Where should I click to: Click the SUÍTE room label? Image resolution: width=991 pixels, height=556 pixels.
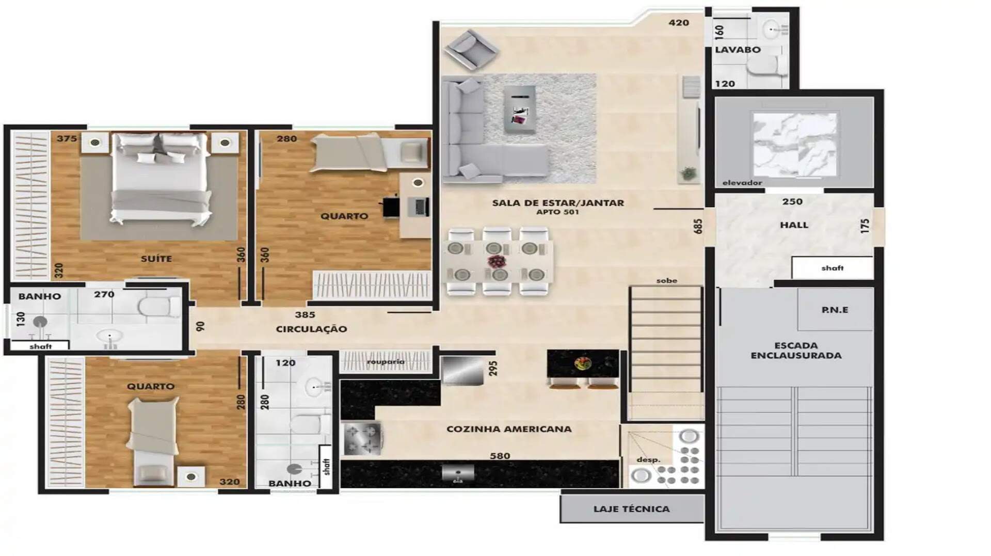(156, 259)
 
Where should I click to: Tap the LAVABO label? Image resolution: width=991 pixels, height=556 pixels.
(738, 50)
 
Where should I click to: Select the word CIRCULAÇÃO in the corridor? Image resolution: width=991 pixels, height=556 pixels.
(311, 329)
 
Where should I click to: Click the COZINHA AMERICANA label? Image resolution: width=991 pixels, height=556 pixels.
(509, 429)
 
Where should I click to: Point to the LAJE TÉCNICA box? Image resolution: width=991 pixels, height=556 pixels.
(632, 509)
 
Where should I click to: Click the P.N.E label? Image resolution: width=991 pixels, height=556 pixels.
(835, 310)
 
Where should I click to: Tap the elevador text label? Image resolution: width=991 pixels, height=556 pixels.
(742, 183)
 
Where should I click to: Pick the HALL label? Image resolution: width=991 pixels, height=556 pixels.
(794, 225)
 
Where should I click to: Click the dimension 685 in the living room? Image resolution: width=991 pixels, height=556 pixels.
(698, 226)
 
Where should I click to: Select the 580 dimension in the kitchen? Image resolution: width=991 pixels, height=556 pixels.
(500, 456)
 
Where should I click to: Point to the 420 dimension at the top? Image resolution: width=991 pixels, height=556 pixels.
(679, 23)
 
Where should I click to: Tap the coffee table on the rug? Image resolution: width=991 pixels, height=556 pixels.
(519, 109)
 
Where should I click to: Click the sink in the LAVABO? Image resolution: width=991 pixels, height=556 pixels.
(773, 29)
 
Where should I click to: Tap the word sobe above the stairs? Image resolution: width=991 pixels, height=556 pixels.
(667, 281)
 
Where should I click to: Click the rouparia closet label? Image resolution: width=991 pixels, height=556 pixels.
(386, 361)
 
